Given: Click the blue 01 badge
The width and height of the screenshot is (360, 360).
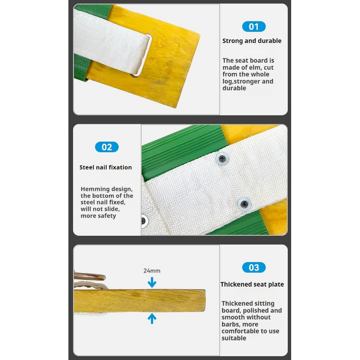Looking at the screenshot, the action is pyautogui.click(x=254, y=27).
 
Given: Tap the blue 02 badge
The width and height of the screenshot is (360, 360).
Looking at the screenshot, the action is pyautogui.click(x=107, y=147).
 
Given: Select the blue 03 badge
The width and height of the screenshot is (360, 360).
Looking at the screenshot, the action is pyautogui.click(x=254, y=267).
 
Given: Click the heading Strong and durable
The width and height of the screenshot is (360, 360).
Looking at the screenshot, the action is pyautogui.click(x=252, y=41).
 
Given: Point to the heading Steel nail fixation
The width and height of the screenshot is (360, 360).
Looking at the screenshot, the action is pyautogui.click(x=106, y=167).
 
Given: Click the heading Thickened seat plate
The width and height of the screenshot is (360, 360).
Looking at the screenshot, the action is pyautogui.click(x=252, y=284).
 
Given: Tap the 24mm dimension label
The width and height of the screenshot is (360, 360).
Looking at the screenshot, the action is pyautogui.click(x=152, y=271).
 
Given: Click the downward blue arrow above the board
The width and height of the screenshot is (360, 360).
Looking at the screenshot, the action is pyautogui.click(x=152, y=283).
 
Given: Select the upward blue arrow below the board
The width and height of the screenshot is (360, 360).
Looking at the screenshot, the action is pyautogui.click(x=152, y=319).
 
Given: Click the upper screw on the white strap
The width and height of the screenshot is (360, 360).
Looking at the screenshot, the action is pyautogui.click(x=222, y=159).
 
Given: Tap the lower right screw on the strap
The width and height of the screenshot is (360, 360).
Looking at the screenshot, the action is pyautogui.click(x=244, y=204).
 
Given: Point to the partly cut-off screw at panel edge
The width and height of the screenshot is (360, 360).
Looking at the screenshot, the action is pyautogui.click(x=144, y=221).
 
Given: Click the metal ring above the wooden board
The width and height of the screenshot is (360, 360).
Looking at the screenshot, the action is pyautogui.click(x=90, y=276).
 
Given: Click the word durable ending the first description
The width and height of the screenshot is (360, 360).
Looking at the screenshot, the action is pyautogui.click(x=234, y=88).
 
